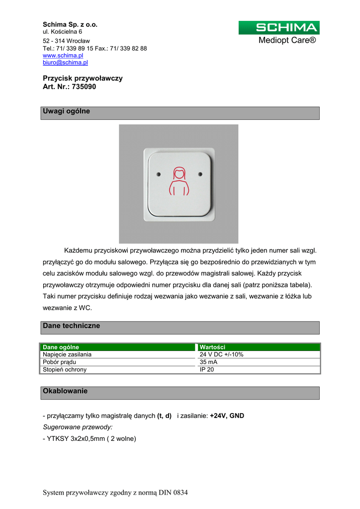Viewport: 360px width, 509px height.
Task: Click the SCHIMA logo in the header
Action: point(279,28)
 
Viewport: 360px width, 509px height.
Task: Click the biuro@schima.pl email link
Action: point(65,63)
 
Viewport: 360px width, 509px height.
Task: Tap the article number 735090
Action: point(84,86)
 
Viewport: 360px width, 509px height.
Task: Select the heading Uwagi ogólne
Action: point(67,111)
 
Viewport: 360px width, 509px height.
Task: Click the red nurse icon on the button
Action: point(179,182)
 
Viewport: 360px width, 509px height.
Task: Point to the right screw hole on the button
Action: point(200,174)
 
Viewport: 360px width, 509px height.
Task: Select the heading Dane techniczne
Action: point(72,326)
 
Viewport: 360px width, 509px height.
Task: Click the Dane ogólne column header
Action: point(61,347)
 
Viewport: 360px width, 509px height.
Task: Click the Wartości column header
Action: point(213,347)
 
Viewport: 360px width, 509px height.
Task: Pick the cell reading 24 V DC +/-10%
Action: point(221,354)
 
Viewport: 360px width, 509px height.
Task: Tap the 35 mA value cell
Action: point(208,362)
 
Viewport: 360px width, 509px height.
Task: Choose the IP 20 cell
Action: point(207,369)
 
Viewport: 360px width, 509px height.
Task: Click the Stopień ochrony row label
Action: point(65,369)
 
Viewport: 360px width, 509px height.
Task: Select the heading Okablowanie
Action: point(65,391)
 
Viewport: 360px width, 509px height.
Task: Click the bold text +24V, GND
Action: point(227,416)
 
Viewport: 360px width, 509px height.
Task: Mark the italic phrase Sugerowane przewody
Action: point(78,427)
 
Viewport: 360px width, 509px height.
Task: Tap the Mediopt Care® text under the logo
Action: point(287,40)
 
